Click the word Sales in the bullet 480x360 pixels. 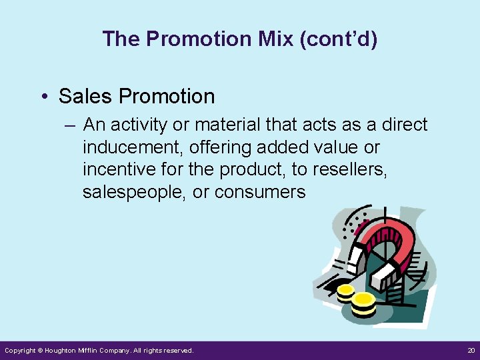click(x=84, y=96)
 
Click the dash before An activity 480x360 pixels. click(x=70, y=125)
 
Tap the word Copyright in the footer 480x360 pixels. click(x=20, y=351)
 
